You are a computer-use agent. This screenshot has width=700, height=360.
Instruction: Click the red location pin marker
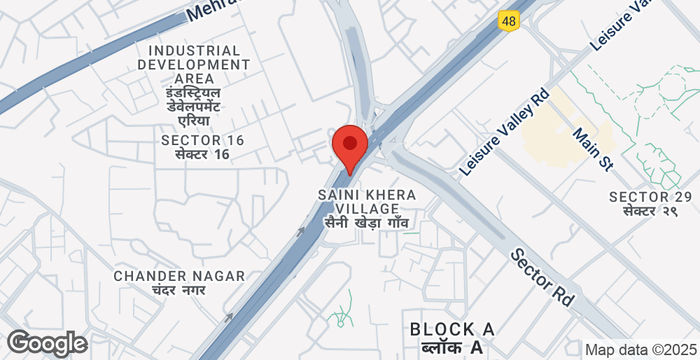tap(349, 147)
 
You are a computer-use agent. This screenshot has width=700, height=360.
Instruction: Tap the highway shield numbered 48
tap(509, 19)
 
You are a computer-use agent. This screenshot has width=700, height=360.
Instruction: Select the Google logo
tap(45, 343)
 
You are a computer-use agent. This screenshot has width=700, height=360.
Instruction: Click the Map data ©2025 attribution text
tap(639, 350)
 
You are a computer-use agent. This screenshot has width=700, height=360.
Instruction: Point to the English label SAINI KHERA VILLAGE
tap(366, 201)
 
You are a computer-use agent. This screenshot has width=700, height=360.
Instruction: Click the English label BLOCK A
tap(451, 329)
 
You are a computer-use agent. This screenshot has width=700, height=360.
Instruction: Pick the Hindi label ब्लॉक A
tap(450, 347)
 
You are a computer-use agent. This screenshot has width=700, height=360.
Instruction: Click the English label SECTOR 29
tap(650, 196)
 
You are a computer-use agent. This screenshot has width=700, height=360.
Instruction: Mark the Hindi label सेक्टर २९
tap(650, 212)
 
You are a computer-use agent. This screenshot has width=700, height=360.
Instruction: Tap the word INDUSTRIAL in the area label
tap(194, 50)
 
